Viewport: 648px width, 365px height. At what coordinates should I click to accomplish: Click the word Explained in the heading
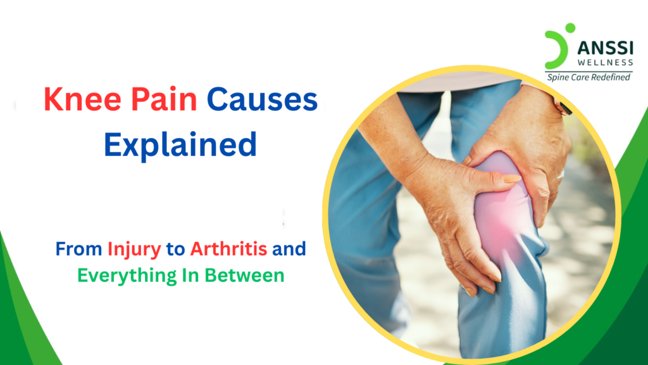click(180, 145)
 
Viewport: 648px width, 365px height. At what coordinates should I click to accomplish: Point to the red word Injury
click(134, 248)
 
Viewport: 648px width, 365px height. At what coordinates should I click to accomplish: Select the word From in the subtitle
click(79, 248)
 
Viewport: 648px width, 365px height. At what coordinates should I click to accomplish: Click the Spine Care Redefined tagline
click(589, 77)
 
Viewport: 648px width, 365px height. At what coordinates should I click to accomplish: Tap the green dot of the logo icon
click(570, 28)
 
